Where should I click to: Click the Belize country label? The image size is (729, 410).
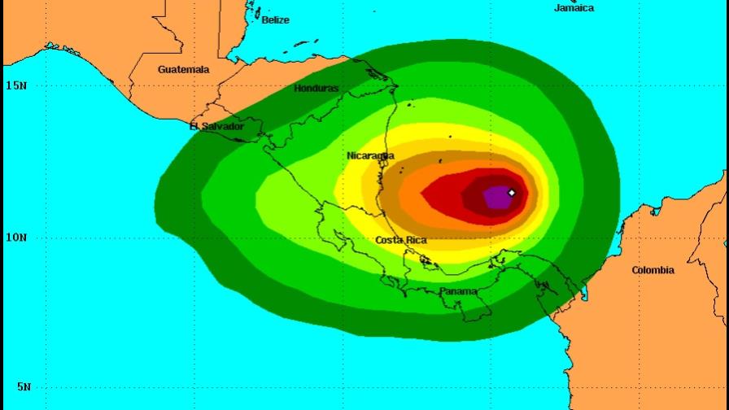point(275,20)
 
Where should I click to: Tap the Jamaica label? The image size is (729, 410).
point(574,7)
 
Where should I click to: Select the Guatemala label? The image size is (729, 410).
point(183,70)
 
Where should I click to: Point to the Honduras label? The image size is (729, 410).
point(316,88)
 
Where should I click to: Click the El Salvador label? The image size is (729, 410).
point(216,126)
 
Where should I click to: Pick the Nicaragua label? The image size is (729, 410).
point(370,155)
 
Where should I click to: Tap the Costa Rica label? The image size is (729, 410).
point(401,240)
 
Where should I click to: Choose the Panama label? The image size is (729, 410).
point(458,291)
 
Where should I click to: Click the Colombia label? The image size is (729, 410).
point(653,270)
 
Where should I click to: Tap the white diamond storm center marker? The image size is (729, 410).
point(512,193)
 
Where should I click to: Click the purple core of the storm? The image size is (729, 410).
point(496,197)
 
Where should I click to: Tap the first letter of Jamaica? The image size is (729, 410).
point(557,7)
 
